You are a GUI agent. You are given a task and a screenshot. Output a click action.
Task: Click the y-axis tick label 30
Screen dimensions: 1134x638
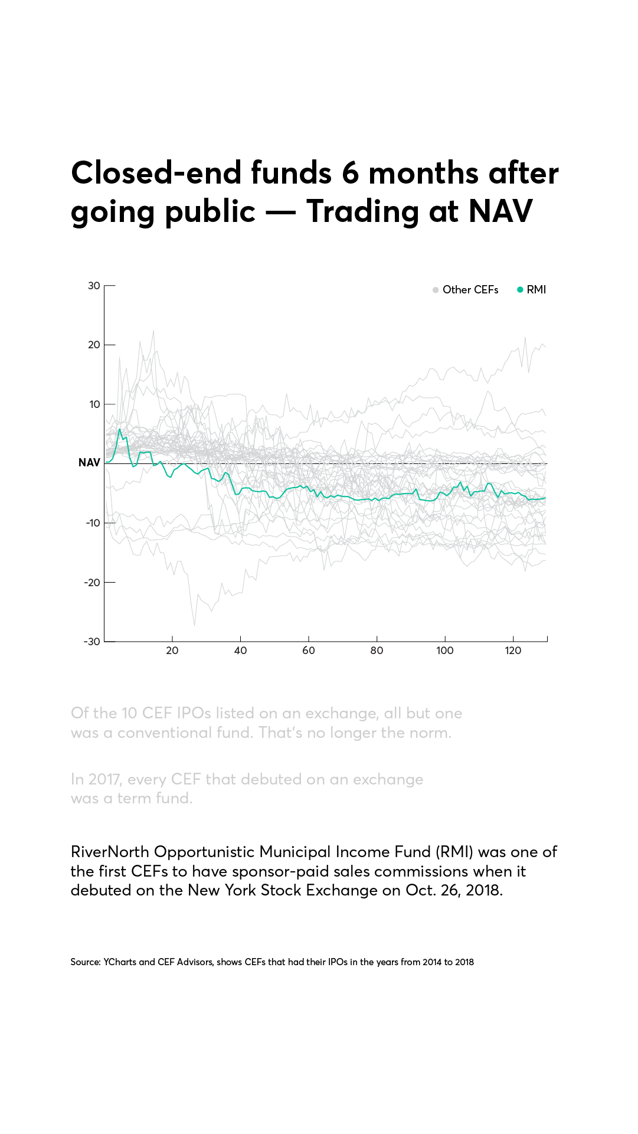(94, 286)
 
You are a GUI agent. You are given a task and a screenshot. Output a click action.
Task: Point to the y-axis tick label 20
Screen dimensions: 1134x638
(94, 345)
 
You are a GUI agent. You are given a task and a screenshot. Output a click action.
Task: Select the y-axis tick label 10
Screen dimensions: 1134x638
(94, 404)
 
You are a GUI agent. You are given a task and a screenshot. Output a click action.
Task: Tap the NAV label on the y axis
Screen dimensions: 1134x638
(89, 463)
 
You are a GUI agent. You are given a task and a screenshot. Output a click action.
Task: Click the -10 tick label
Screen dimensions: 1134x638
(93, 523)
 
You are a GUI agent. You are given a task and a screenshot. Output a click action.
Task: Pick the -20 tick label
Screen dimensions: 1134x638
(93, 583)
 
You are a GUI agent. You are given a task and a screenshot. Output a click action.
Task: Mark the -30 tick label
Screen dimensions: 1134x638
(92, 642)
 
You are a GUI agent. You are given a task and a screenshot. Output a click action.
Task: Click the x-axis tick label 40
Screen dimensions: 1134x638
(240, 651)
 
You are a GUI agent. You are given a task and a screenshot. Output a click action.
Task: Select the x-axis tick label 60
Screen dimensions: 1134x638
(309, 651)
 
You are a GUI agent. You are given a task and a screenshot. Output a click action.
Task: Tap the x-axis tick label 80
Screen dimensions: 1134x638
(377, 651)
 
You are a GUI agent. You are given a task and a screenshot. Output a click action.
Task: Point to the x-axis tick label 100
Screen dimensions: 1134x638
(445, 651)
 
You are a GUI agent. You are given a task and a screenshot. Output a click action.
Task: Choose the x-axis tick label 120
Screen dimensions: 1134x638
(513, 651)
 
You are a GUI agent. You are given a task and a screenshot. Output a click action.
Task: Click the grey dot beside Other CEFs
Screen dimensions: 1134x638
(436, 290)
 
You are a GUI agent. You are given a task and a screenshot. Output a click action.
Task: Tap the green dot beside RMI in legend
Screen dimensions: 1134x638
(520, 290)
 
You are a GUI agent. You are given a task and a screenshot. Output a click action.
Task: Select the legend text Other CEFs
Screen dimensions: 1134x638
(470, 290)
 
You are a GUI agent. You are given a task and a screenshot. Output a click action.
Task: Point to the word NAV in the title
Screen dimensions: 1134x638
(500, 211)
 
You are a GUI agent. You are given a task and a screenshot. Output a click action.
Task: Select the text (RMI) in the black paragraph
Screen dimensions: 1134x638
(454, 852)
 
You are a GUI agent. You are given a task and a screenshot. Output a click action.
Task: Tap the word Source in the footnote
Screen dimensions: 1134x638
(85, 962)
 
